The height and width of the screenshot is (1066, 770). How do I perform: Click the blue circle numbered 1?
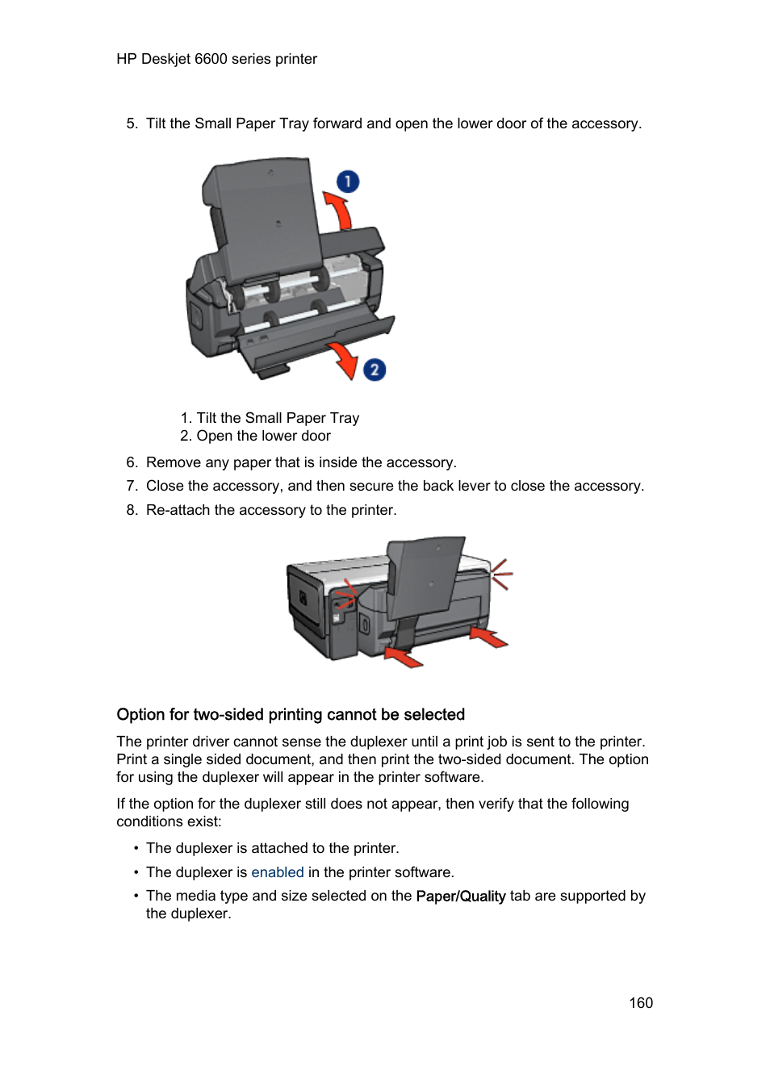(x=348, y=182)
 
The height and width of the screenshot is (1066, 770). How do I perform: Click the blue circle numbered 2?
(x=374, y=370)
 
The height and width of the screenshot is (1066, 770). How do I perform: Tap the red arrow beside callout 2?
(x=344, y=358)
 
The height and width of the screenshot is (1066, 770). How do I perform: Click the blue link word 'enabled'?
(x=277, y=872)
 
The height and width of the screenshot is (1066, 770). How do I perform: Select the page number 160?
(x=641, y=1003)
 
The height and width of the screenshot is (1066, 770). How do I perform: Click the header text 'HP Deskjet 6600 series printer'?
(x=216, y=59)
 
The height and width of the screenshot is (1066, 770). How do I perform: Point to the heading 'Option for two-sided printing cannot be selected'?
(x=291, y=715)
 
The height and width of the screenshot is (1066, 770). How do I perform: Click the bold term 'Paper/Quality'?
(x=460, y=896)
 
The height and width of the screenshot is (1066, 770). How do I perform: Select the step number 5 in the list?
(x=132, y=123)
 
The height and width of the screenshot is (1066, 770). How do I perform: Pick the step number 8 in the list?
(x=132, y=510)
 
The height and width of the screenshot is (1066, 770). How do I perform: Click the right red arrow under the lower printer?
(x=488, y=637)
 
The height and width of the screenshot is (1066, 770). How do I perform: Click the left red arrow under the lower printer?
(x=404, y=657)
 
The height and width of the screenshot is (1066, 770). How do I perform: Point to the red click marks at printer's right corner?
(x=501, y=574)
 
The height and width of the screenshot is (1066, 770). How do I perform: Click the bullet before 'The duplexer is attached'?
(x=136, y=848)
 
